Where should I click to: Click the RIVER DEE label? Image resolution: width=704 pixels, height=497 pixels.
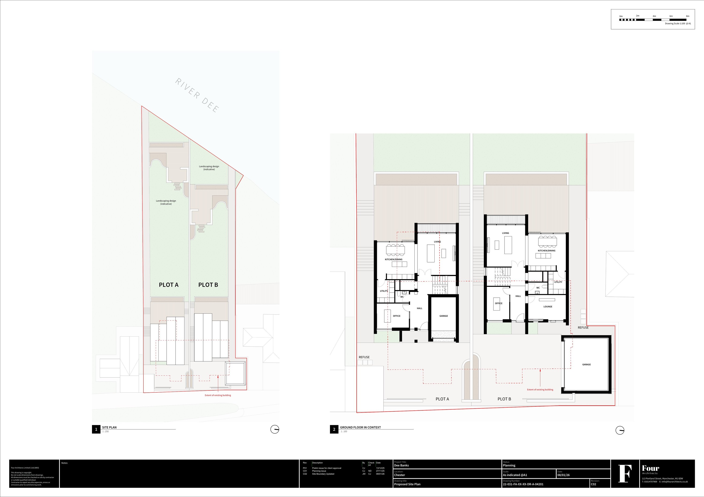[197, 95]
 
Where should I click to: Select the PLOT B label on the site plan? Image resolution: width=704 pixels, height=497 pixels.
[208, 285]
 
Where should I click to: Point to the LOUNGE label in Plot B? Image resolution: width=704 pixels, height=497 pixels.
[548, 306]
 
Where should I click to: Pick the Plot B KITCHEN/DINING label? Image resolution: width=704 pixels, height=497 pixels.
[546, 251]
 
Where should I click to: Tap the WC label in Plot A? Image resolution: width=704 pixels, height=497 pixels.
[402, 297]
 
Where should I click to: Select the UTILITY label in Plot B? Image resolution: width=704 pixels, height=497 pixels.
[558, 282]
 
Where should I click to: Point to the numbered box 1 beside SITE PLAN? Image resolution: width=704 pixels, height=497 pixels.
[96, 429]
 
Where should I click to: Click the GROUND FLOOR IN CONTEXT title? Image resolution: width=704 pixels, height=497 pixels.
[360, 427]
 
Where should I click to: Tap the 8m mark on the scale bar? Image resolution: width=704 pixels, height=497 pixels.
[687, 16]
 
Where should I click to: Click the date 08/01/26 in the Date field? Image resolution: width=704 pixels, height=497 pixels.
[564, 475]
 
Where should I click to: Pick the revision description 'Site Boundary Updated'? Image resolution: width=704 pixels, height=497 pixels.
[323, 474]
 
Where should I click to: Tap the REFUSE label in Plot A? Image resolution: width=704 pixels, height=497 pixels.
[364, 357]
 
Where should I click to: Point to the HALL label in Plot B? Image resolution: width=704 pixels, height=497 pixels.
[518, 296]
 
